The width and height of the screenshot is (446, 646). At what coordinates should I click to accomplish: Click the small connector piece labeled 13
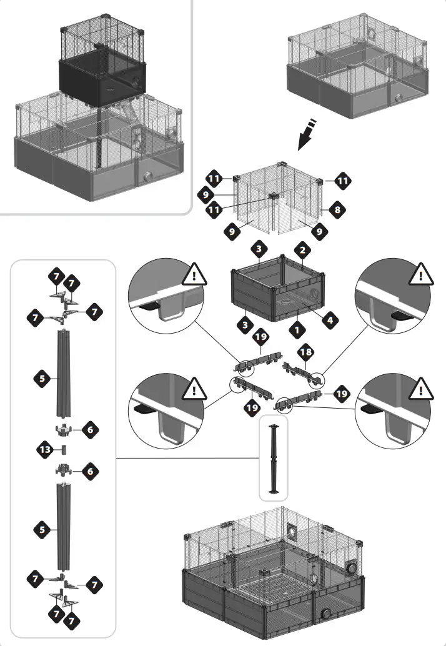tap(63, 449)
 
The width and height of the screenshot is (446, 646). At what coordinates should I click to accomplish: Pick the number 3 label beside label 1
tap(246, 325)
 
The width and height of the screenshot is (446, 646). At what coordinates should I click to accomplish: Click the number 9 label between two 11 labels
tap(206, 194)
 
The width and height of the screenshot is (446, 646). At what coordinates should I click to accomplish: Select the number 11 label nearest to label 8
tap(342, 181)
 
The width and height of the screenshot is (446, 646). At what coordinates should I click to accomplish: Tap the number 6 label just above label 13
tap(90, 429)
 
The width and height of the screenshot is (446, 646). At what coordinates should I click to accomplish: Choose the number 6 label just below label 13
tap(90, 472)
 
